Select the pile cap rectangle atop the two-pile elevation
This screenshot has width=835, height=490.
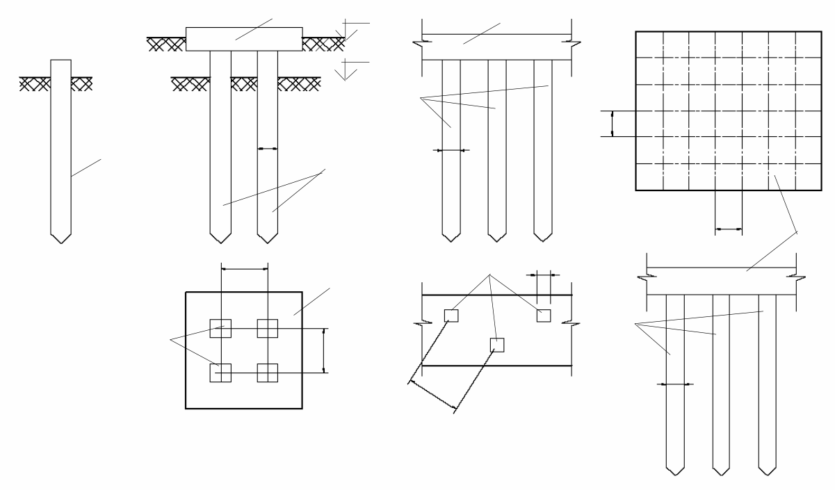click(244, 39)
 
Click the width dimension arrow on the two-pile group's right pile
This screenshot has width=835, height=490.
click(268, 148)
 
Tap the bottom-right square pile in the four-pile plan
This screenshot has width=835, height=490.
click(268, 373)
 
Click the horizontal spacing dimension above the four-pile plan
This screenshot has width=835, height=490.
click(244, 268)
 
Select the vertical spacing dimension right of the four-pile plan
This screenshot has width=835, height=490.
click(324, 350)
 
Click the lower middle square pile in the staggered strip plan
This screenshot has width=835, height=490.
click(496, 345)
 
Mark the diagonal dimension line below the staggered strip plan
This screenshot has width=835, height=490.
click(432, 394)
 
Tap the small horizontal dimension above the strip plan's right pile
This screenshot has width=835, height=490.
click(543, 274)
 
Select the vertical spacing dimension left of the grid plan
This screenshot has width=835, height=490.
click(613, 124)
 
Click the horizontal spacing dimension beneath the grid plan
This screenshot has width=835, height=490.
click(729, 228)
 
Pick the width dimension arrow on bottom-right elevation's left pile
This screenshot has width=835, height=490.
click(676, 384)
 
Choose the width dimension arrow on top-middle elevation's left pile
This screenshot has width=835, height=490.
click(451, 149)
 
